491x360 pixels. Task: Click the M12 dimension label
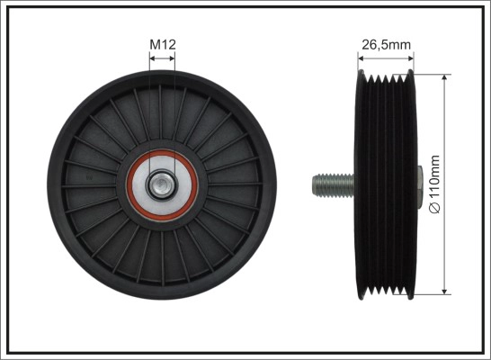click(x=163, y=44)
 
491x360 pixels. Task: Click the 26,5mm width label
click(x=386, y=45)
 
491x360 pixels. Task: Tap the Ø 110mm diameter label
click(x=434, y=184)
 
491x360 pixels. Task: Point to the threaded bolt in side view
click(x=333, y=185)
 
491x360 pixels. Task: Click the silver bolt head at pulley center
click(x=162, y=184)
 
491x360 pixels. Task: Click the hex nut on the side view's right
click(x=420, y=185)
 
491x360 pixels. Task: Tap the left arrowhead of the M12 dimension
click(x=153, y=58)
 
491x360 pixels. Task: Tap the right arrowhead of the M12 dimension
click(x=172, y=58)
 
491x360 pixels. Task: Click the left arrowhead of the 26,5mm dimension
click(x=361, y=58)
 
